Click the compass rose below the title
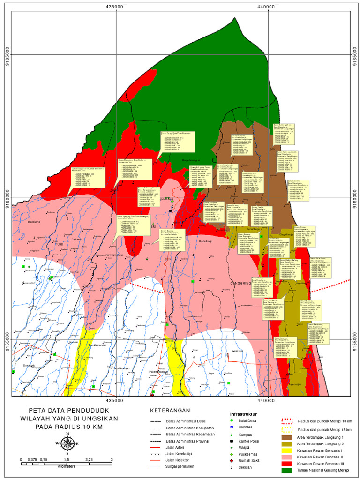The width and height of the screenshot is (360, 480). point(67,443)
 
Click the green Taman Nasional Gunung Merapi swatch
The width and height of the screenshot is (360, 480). point(287,470)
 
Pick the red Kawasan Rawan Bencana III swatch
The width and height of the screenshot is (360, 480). point(287,463)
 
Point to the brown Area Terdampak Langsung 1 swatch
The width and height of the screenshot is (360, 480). point(287,436)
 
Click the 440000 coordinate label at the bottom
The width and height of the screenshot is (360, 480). point(266,401)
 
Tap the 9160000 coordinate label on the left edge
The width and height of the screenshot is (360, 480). point(6,197)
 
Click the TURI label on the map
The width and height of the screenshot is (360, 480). point(59,245)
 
